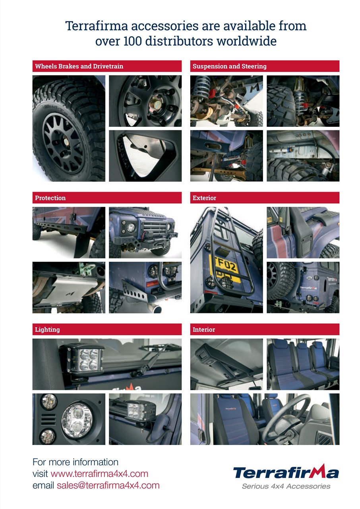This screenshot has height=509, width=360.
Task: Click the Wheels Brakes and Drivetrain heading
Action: coord(79,66)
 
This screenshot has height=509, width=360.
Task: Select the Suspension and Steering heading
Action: coord(229,66)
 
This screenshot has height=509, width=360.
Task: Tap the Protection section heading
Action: coord(50,198)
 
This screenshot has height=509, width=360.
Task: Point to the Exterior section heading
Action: coord(204,198)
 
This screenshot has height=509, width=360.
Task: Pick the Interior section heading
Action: coord(204,330)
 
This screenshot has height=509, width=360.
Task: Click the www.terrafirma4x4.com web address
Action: coord(99,474)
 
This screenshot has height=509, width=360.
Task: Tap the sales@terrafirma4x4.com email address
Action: coord(108,485)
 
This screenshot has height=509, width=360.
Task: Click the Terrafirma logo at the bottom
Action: coord(286,472)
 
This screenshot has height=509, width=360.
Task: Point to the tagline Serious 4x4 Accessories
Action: coord(286,486)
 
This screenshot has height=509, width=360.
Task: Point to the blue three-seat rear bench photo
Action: coord(303,363)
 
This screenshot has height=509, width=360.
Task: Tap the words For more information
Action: coord(75,462)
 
